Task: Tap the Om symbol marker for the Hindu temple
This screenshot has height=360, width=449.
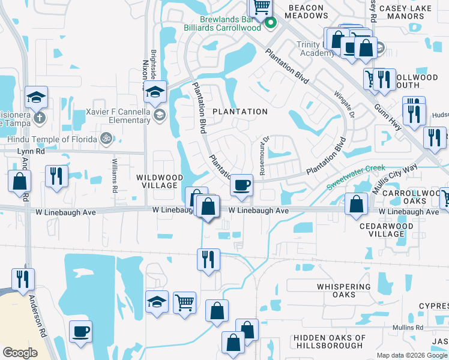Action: point(107,138)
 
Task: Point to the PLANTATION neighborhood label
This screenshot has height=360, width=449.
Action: point(240,112)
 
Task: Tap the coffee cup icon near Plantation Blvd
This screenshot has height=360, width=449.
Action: point(242,185)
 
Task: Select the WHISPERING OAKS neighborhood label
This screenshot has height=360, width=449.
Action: point(344,290)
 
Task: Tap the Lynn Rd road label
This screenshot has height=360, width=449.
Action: point(14,152)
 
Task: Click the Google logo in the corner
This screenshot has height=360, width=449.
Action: point(20,353)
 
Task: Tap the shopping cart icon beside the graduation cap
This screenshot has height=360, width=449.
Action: point(185,302)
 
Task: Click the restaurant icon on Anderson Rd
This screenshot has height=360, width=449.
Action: point(23,279)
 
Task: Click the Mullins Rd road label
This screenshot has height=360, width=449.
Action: point(408,328)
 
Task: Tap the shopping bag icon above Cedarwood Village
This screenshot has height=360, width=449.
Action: point(357,204)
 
